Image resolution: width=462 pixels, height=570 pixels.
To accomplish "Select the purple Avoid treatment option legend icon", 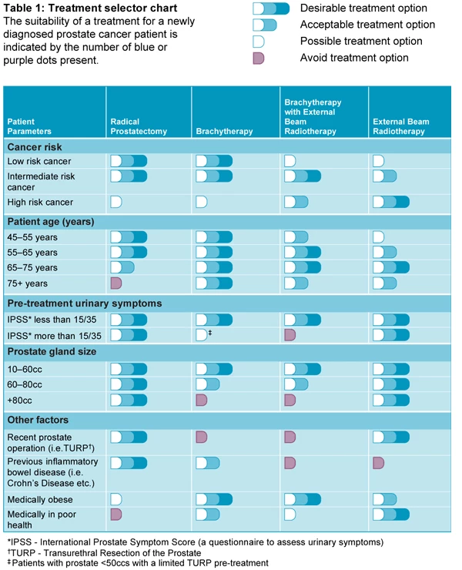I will (x=259, y=58).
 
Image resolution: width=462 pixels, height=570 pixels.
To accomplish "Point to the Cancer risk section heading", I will (x=35, y=147).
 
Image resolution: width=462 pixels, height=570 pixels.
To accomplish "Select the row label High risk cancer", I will (x=40, y=202).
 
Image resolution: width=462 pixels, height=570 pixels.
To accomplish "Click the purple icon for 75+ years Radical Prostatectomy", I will (x=116, y=283).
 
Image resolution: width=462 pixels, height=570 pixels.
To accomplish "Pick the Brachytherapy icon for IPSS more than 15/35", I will (x=202, y=334).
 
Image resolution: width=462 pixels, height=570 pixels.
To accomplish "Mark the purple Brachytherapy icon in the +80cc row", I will (x=202, y=399).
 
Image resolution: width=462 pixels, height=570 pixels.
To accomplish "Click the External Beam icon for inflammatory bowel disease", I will (x=378, y=462).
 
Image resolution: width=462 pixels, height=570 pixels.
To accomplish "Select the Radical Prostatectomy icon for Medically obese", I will (x=116, y=499).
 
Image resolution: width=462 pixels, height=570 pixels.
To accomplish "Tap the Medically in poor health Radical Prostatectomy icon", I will (x=116, y=514).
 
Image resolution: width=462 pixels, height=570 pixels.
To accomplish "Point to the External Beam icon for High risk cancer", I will (x=390, y=202).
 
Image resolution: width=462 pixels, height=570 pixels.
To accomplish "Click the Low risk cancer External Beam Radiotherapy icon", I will (x=378, y=161).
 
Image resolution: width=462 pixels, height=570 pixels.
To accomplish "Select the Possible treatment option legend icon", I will (x=259, y=41).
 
